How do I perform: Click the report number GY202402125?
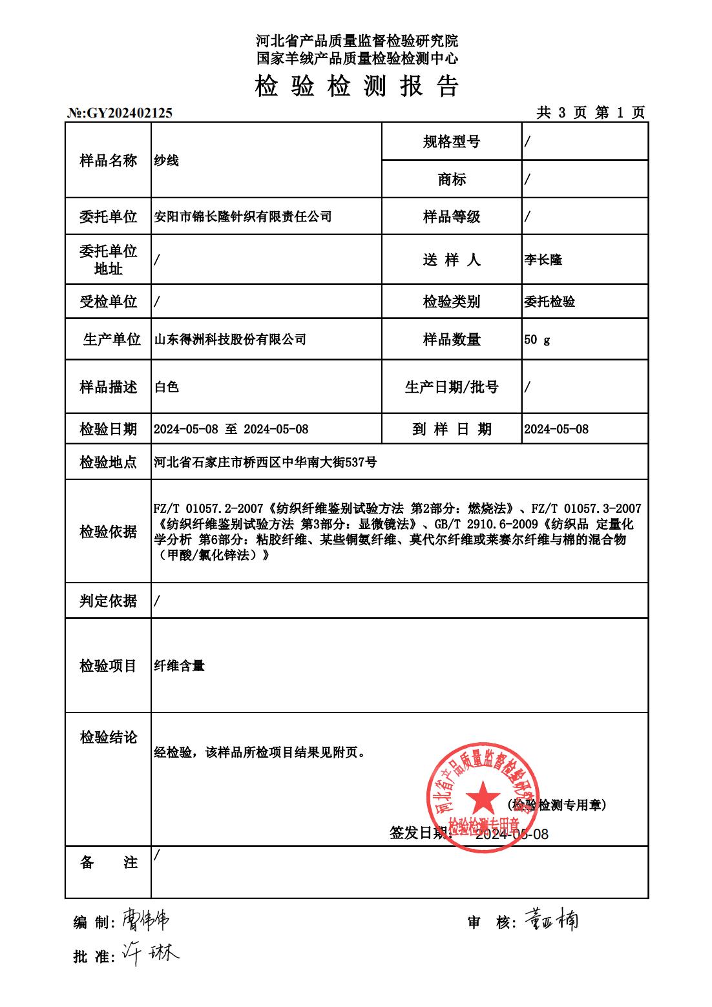(x=129, y=113)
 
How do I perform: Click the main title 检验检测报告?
(x=357, y=86)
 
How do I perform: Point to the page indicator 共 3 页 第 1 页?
(x=591, y=113)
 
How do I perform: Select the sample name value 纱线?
(x=166, y=161)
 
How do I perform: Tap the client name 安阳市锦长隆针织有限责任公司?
(x=243, y=216)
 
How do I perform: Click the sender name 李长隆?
(x=543, y=260)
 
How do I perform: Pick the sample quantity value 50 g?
(x=537, y=339)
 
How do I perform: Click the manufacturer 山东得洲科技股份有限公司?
(x=230, y=339)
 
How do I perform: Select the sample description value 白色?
(x=166, y=387)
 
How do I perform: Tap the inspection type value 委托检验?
(x=549, y=302)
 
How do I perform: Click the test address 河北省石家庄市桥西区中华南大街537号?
(x=265, y=462)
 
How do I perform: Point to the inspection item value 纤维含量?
(x=179, y=665)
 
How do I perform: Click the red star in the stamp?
(x=481, y=796)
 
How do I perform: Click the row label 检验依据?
(x=108, y=532)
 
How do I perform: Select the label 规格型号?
(x=452, y=142)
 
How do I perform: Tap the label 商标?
(x=452, y=180)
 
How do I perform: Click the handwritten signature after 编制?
(x=145, y=920)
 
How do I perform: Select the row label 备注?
(x=108, y=862)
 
